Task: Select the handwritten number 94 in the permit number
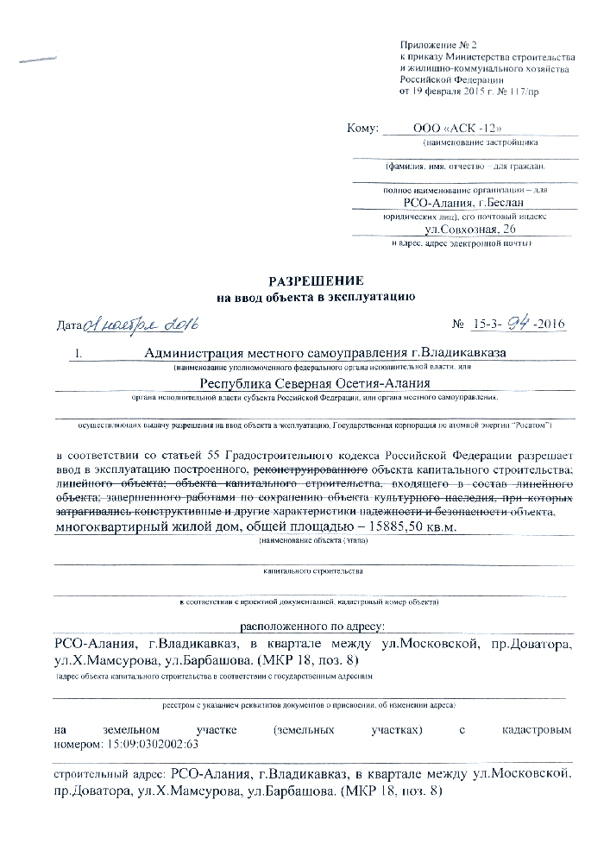(x=516, y=324)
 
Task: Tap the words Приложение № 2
(x=438, y=44)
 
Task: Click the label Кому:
(x=362, y=129)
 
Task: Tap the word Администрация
(x=198, y=352)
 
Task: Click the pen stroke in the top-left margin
(x=38, y=58)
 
